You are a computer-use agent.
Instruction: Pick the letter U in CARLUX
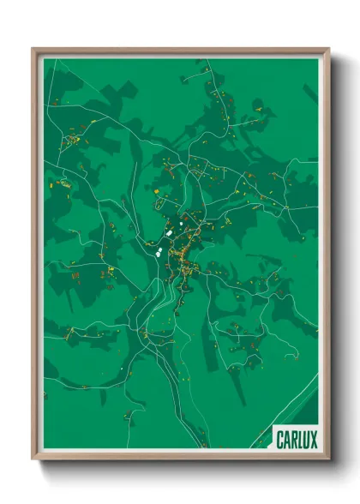308,441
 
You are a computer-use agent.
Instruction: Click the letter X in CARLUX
315,441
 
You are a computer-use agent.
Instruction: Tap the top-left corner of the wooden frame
33,49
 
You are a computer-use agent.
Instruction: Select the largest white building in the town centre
170,231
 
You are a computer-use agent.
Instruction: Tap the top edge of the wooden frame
180,50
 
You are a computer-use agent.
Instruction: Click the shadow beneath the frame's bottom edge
180,467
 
